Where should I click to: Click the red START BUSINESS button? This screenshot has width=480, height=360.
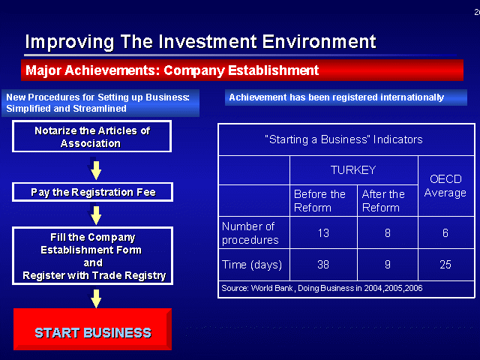tap(92, 329)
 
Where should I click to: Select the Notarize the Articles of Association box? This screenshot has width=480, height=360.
tap(91, 136)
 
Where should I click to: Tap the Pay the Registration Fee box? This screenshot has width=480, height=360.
tap(92, 192)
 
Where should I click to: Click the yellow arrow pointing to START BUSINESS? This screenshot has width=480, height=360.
tap(96, 298)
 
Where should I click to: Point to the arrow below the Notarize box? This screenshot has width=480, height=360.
tap(96, 170)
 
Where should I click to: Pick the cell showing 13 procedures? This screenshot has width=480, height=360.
tap(323, 233)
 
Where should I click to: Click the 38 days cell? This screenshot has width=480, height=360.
tap(323, 265)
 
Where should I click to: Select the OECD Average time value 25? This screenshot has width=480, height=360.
tap(445, 265)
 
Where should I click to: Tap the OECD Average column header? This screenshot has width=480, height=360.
tap(445, 186)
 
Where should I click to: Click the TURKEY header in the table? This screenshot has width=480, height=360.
tap(353, 170)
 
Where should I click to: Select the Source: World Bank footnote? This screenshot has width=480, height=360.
tap(322, 288)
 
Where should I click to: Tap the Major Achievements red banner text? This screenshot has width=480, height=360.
tap(172, 70)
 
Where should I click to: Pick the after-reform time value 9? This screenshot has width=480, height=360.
tap(387, 265)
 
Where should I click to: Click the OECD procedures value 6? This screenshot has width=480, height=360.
tap(445, 233)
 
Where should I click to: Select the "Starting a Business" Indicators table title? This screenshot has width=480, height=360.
tap(343, 139)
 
